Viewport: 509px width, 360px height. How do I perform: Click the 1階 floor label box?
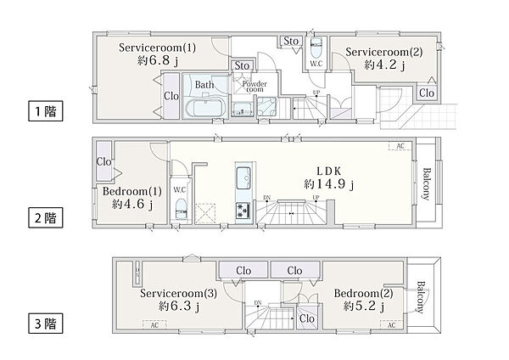point(46,111)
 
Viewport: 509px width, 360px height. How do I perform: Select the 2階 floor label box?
point(46,217)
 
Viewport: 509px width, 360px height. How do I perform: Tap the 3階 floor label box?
point(46,323)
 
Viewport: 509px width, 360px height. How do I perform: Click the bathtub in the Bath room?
point(205,108)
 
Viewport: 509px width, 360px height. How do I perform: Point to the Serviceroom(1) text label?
point(158,48)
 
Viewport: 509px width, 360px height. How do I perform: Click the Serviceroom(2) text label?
point(384,52)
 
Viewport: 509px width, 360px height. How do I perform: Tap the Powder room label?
point(255,86)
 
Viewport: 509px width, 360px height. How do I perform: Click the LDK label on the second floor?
point(329,172)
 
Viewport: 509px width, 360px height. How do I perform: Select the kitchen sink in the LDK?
point(243,177)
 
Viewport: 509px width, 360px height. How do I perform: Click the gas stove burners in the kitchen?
point(243,211)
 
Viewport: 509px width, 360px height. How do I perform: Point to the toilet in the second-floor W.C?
point(181,209)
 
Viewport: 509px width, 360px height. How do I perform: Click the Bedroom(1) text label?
point(132,191)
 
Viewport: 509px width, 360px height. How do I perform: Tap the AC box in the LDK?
point(400,146)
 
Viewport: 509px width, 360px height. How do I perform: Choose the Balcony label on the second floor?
point(427,184)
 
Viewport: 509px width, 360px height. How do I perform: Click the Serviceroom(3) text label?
point(178,294)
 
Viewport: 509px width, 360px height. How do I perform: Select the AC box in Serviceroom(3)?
point(154,324)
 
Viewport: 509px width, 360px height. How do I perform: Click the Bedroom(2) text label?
point(364,294)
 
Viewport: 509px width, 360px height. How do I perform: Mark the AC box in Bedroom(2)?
point(392,324)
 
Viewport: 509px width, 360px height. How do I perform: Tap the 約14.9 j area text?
point(329,184)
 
